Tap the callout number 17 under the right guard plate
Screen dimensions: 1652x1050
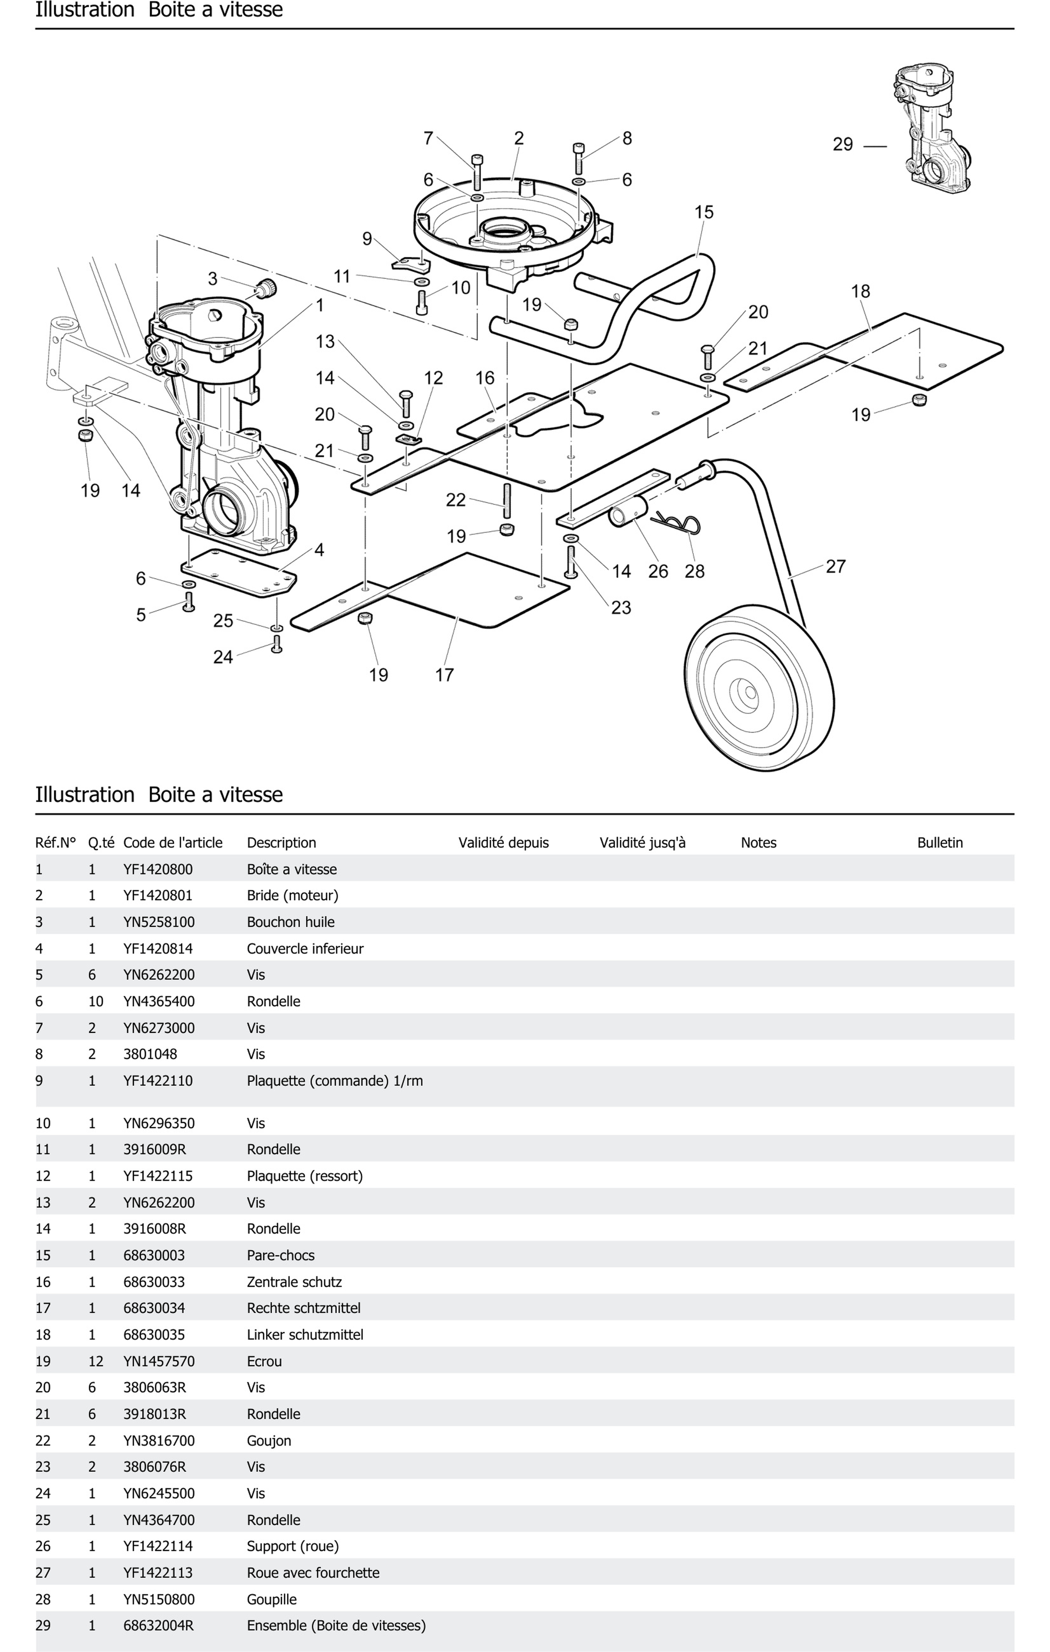[444, 675]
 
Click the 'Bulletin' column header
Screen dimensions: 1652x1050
[939, 843]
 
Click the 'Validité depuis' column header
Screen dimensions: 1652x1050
[503, 843]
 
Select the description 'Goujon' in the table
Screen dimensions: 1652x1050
[269, 1441]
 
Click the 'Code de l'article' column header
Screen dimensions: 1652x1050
[173, 843]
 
